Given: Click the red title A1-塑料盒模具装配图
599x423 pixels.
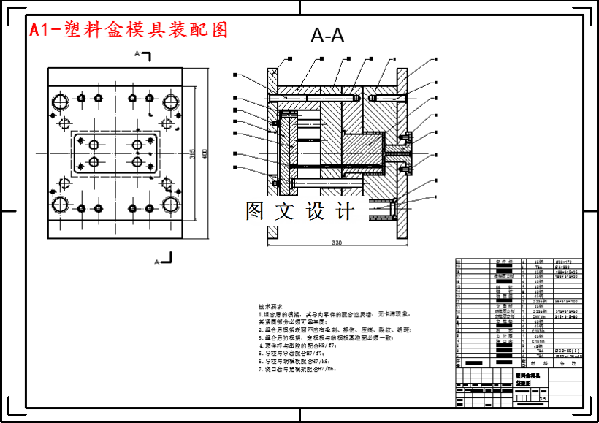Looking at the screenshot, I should click(129, 29).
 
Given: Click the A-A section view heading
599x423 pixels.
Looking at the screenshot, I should click(327, 35).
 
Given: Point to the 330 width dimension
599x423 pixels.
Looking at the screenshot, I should click(337, 243).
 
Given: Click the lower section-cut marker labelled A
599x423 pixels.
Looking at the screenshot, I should click(164, 259).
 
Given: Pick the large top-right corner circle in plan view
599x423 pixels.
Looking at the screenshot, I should click(172, 102).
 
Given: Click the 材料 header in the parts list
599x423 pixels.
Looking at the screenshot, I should click(538, 362).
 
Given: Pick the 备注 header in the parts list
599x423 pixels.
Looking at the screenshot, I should click(568, 362).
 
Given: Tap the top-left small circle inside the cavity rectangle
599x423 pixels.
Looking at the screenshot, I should click(94, 144).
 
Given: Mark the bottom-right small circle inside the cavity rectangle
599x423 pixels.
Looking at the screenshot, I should click(137, 161).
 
